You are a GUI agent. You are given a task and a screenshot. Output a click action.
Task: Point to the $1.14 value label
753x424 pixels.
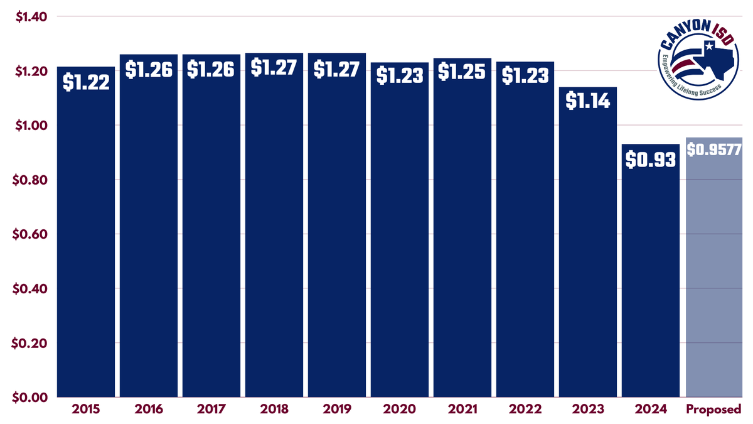tap(588, 101)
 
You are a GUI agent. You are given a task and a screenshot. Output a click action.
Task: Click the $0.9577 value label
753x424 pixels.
tap(715, 151)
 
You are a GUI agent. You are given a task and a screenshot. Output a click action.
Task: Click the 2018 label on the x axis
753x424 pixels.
tap(274, 410)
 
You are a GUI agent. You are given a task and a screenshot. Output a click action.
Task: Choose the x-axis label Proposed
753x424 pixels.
tap(714, 410)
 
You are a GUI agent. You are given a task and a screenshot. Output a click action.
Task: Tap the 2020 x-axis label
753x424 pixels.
tap(400, 410)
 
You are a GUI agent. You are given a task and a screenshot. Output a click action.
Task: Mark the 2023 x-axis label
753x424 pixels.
tap(588, 410)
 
